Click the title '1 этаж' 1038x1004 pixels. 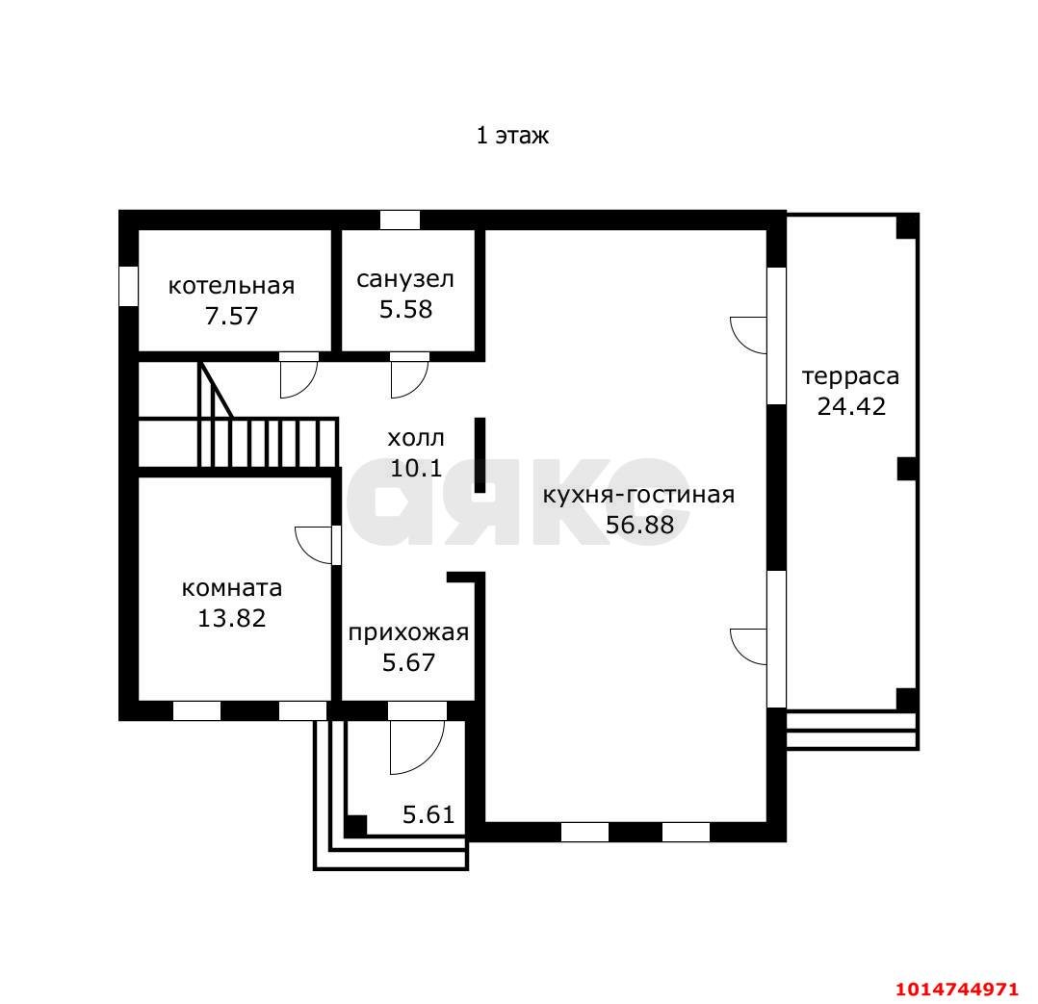(512, 136)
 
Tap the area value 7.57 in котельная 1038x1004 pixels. (231, 316)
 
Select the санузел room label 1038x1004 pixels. (405, 279)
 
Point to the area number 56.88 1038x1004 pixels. (639, 525)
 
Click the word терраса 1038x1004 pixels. (850, 376)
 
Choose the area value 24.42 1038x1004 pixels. (851, 405)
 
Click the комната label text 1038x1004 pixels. (232, 588)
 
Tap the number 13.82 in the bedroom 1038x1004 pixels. (232, 617)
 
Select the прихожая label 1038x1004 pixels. (408, 632)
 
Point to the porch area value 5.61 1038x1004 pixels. (428, 814)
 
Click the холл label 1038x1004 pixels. (416, 438)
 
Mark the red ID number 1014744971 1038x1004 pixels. (956, 990)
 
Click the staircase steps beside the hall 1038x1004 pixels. (268, 443)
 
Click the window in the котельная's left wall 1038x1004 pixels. (128, 286)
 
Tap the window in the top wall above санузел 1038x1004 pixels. (400, 219)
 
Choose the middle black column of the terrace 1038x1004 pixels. (907, 469)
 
